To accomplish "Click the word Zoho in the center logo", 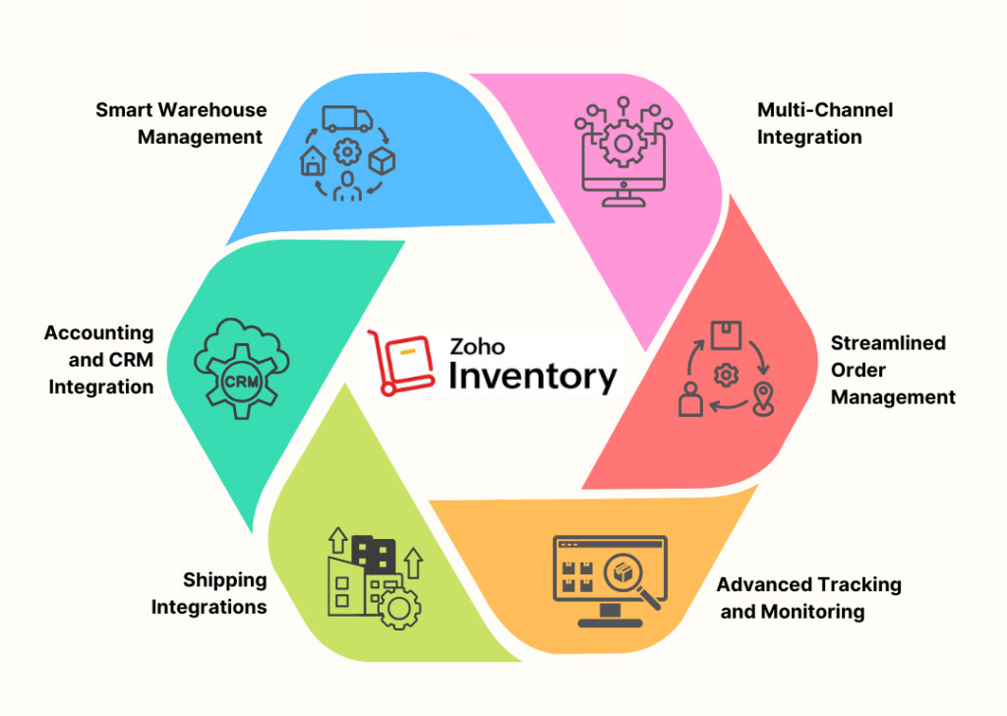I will coord(477,347).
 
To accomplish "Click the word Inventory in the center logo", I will coord(533,377).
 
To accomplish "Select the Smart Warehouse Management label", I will coord(182,123).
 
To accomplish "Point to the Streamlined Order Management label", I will coord(892,370).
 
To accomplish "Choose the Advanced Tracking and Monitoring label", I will coord(807,598).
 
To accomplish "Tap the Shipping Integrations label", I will coord(209,593).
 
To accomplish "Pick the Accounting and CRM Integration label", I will coord(99,360).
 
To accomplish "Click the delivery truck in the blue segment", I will coord(346,120).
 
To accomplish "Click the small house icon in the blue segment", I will coord(312,163).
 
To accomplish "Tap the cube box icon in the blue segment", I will coord(382,161).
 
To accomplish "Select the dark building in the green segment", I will coord(374,554).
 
